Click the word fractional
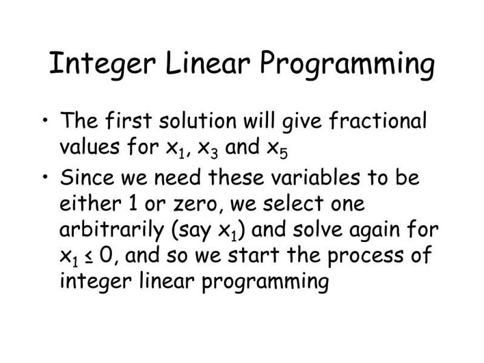click(x=378, y=122)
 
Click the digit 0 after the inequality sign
click(x=105, y=255)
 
